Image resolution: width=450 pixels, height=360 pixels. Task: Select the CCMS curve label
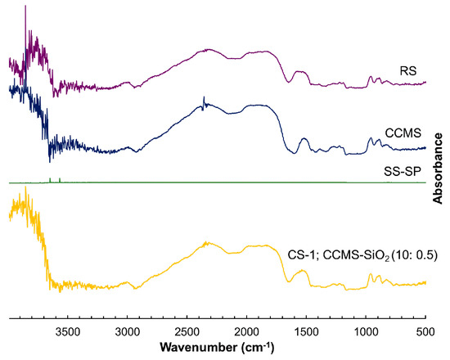point(402,132)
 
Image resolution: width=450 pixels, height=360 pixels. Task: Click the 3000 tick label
point(127,331)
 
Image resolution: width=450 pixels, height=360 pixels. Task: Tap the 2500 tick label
point(187,331)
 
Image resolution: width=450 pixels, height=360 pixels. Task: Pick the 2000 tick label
point(246,331)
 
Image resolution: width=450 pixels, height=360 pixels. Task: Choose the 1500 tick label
point(306,331)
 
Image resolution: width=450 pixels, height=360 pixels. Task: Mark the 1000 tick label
point(366,331)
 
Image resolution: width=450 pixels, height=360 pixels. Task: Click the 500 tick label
point(424,331)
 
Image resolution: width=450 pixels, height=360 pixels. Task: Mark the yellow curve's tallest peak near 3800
point(27,190)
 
